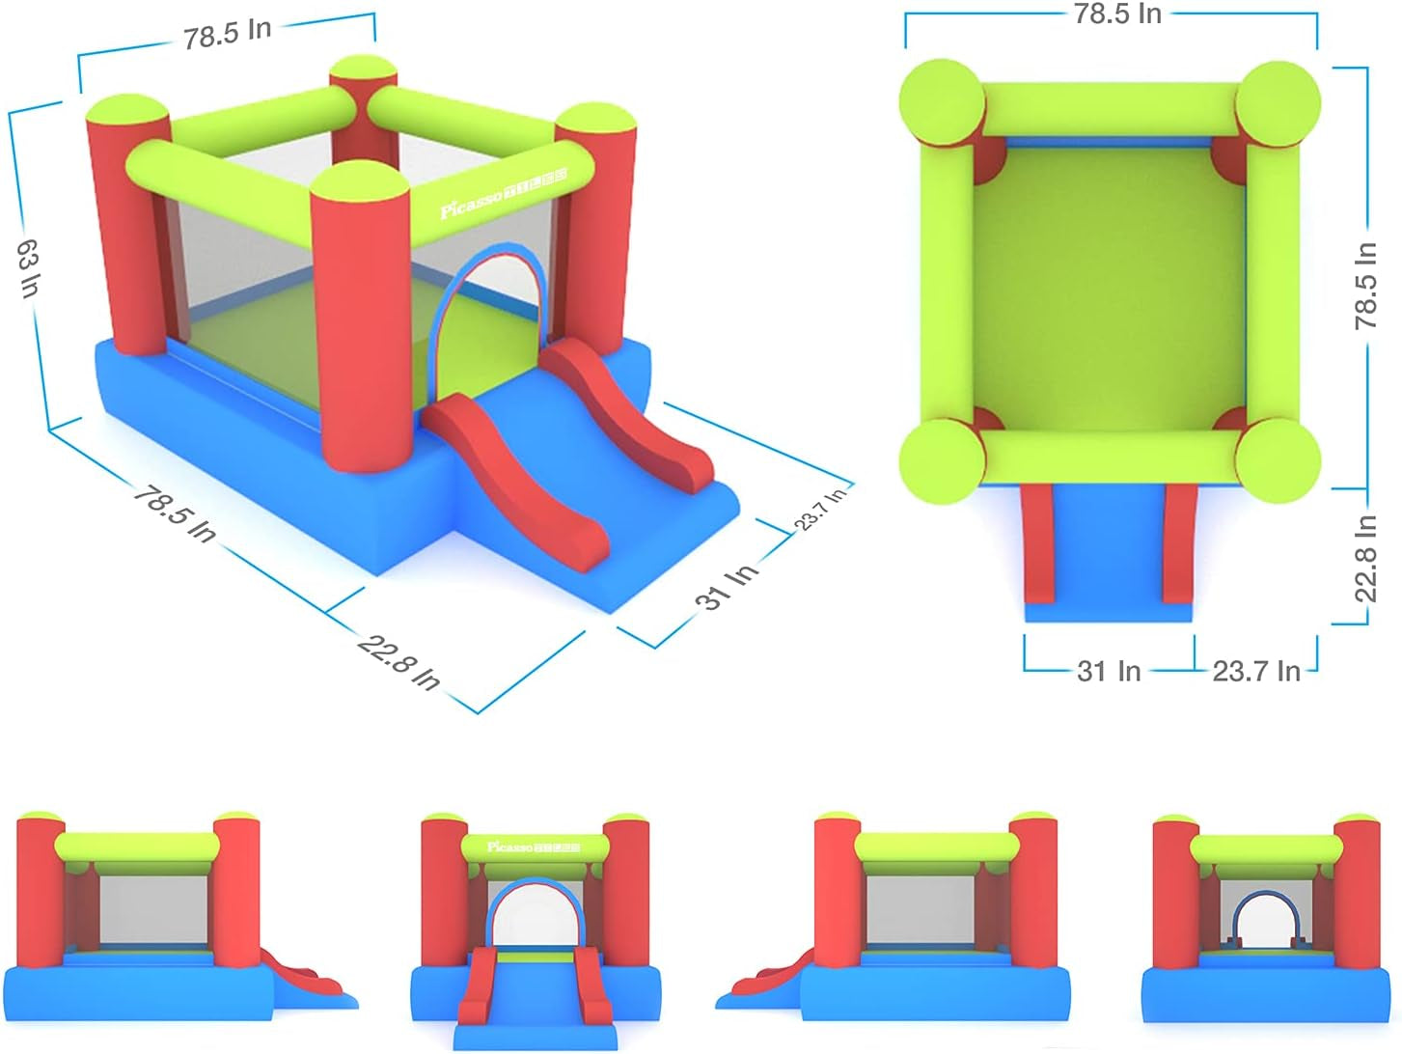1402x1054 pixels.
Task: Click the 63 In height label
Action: coord(29,267)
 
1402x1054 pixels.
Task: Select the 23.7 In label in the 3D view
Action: coord(821,509)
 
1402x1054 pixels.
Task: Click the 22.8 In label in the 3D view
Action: coord(399,662)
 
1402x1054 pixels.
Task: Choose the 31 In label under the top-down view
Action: coord(1109,671)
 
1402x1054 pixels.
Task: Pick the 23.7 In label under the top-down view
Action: coord(1255,671)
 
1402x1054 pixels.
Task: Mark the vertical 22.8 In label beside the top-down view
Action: coord(1365,559)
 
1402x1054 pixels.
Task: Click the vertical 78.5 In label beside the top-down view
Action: coord(1365,286)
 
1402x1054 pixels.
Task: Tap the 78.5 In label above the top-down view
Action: coord(1117,14)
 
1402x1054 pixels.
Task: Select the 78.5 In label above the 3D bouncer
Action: coord(228,34)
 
